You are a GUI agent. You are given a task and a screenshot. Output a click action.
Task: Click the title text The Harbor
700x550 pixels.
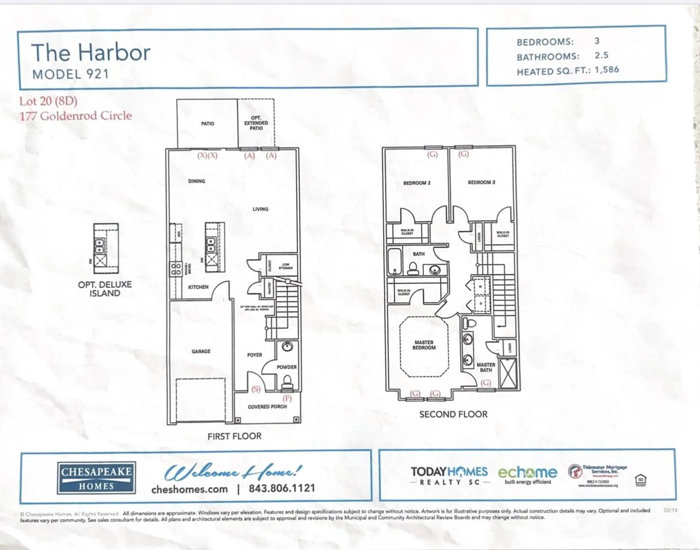[91, 52]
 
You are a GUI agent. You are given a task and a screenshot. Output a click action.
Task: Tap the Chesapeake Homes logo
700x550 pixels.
[96, 478]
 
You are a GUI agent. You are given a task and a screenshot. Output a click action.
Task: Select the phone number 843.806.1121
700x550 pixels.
[282, 488]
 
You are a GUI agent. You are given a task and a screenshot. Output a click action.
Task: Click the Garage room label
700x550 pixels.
[201, 351]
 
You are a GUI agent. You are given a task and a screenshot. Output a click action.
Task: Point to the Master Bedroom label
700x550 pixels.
[424, 345]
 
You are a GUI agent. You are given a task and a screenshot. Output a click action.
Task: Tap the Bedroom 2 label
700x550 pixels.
[417, 183]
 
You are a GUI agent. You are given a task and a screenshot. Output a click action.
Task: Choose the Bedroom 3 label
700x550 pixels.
[481, 182]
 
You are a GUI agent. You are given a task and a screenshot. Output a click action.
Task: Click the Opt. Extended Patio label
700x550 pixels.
[256, 123]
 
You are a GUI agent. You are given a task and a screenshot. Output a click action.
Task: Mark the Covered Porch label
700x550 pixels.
[267, 407]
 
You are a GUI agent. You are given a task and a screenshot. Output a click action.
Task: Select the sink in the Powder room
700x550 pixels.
[287, 346]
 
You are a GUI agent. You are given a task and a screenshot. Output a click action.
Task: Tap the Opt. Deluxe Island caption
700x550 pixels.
[105, 289]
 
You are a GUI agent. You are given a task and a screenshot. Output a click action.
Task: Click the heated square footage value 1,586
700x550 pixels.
[607, 70]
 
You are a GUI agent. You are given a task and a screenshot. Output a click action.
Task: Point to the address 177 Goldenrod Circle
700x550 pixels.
[76, 116]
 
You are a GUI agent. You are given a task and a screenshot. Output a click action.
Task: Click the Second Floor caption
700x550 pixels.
[453, 414]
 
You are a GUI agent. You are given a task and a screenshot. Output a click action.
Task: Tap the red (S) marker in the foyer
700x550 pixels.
[256, 389]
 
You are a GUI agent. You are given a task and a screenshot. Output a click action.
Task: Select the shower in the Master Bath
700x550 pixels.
[508, 373]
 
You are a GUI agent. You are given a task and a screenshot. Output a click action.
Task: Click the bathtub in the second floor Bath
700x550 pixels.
[395, 261]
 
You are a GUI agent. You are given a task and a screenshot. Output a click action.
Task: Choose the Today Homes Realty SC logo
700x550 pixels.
[449, 475]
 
